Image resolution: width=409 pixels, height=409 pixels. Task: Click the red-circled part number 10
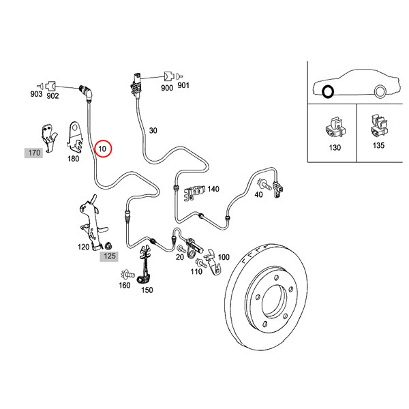(103, 148)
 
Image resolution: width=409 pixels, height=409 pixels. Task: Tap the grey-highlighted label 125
(110, 256)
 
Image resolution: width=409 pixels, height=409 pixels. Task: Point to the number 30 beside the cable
(153, 130)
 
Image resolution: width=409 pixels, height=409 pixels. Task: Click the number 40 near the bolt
(258, 195)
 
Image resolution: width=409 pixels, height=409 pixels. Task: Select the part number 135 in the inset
(378, 145)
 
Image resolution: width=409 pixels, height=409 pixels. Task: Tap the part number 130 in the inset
(334, 147)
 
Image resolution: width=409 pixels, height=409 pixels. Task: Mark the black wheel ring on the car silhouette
(329, 92)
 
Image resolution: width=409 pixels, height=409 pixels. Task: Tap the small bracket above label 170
(48, 133)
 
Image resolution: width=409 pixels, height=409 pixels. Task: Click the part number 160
(124, 285)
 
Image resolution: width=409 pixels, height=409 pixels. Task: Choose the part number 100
(223, 257)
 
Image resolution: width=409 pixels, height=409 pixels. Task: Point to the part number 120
(85, 247)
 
